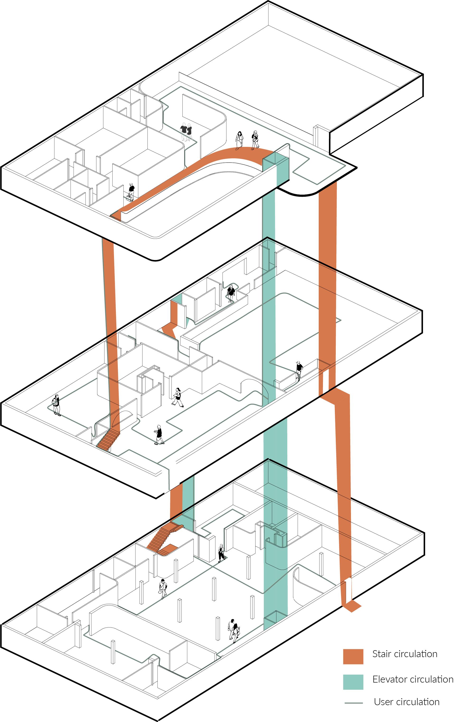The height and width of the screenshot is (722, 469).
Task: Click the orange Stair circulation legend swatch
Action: (x=353, y=656)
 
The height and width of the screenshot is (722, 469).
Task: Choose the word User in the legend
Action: (x=384, y=702)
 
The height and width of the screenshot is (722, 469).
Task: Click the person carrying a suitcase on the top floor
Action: (x=131, y=192)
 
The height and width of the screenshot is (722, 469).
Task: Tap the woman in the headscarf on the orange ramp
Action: (x=255, y=140)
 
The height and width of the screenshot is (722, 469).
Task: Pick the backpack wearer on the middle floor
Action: (x=56, y=405)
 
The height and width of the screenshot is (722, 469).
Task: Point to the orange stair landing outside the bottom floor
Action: (x=352, y=607)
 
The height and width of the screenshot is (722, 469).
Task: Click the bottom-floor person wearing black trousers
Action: (x=221, y=553)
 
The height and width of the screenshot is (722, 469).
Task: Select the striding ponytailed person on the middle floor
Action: (x=178, y=397)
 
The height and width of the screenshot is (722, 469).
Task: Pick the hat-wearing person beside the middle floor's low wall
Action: (x=299, y=370)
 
